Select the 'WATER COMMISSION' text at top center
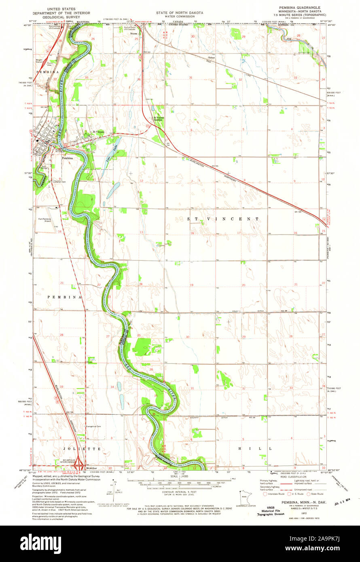coord(180,17)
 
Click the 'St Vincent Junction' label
coord(157,119)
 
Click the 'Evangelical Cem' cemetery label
coord(93,427)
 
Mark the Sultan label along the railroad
coord(211,59)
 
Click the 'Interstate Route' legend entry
coord(276,494)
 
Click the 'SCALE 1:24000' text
coord(180,476)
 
